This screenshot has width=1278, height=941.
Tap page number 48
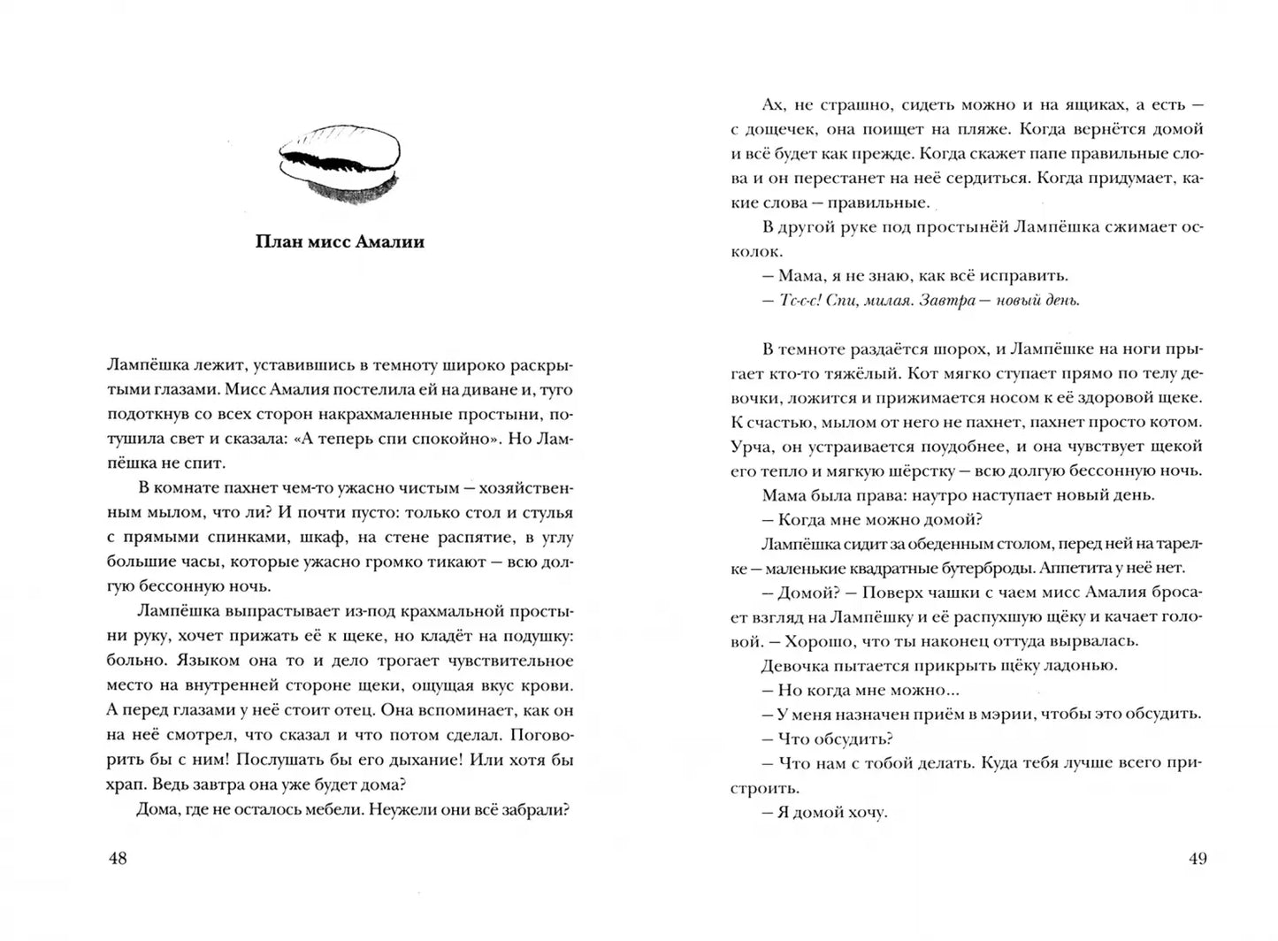point(117,858)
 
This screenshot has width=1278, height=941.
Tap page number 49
point(1197,858)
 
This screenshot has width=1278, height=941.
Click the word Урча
point(750,447)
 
